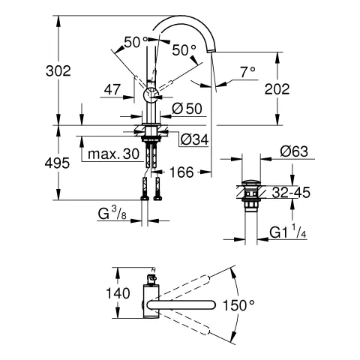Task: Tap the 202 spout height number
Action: pos(298,88)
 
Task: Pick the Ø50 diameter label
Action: pos(187,108)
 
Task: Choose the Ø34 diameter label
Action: pos(194,138)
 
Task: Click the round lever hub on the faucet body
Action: pos(150,94)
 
